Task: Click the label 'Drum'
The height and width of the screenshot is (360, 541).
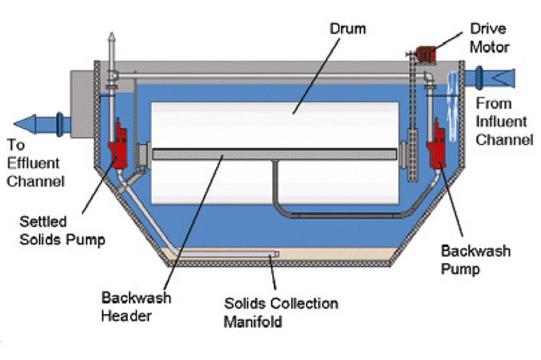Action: point(349,30)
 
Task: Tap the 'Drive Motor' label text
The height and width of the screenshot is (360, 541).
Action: point(488,39)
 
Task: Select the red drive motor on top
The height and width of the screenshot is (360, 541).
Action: point(424,53)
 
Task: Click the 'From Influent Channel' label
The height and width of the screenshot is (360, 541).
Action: point(504,121)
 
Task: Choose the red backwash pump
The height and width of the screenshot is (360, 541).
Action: point(437,145)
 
